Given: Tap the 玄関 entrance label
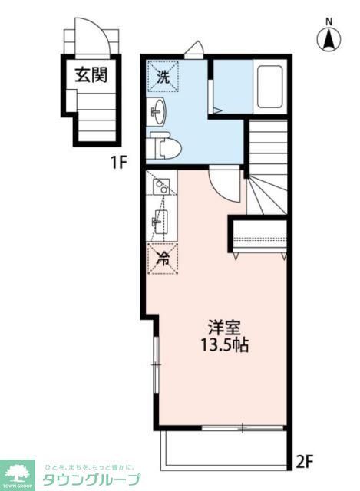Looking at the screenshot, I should tap(90, 74).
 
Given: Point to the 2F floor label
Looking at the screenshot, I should tap(306, 462).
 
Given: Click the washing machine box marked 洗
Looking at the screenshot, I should tap(163, 76).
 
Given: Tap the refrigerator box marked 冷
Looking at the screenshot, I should tap(163, 259).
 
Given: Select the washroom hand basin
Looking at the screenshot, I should tap(157, 112).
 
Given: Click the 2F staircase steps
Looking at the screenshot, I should tap(266, 169).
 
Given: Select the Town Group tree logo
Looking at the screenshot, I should tap(17, 474).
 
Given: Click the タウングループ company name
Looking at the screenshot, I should tap(90, 479).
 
